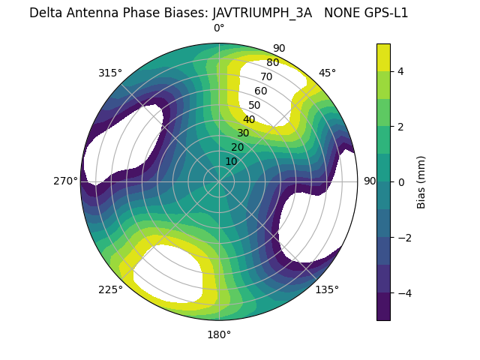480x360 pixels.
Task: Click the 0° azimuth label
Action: (x=219, y=28)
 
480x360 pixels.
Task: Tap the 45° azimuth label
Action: (x=327, y=73)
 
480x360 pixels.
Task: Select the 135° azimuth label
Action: (x=327, y=289)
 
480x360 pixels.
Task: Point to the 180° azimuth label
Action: (x=219, y=334)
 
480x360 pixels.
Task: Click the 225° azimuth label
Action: (x=110, y=289)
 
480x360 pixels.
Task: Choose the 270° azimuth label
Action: (x=66, y=181)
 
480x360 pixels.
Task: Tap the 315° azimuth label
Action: (x=110, y=73)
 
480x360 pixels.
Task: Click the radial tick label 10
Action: (x=231, y=161)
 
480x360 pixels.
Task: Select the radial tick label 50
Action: (x=254, y=105)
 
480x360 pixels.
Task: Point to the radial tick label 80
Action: (x=272, y=62)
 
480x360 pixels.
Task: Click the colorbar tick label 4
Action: (x=401, y=71)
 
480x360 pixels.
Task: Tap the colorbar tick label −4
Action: (x=404, y=292)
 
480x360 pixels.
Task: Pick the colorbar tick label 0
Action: (x=401, y=181)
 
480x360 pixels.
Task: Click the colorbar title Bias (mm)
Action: (x=421, y=181)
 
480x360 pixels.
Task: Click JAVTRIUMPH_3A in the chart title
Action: (x=262, y=13)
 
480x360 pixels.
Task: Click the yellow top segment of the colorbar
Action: (x=383, y=57)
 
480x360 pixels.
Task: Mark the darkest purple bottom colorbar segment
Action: (x=383, y=306)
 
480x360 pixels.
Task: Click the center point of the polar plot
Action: (x=219, y=181)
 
